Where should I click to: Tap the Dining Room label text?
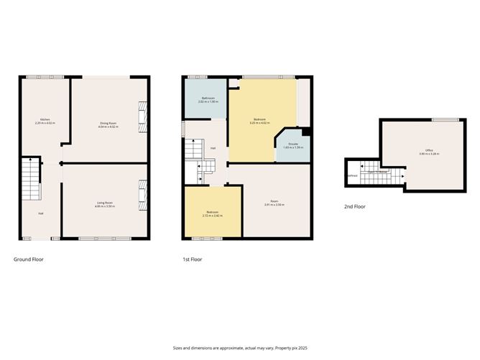point(109,123)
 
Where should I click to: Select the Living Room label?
point(105,203)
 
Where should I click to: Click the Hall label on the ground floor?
point(40,213)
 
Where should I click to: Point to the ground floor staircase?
point(29,180)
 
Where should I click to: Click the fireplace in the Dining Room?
point(142,117)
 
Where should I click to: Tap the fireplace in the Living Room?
point(142,195)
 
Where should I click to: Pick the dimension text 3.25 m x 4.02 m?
point(259,123)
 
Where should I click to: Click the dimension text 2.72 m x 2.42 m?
point(212,214)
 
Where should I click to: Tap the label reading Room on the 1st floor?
point(274,201)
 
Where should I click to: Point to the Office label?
point(429,150)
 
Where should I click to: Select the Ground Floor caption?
point(29,259)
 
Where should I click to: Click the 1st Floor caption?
point(193,259)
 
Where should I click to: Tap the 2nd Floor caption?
point(356,206)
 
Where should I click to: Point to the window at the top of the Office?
point(445,119)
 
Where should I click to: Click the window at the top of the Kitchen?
point(38,77)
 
